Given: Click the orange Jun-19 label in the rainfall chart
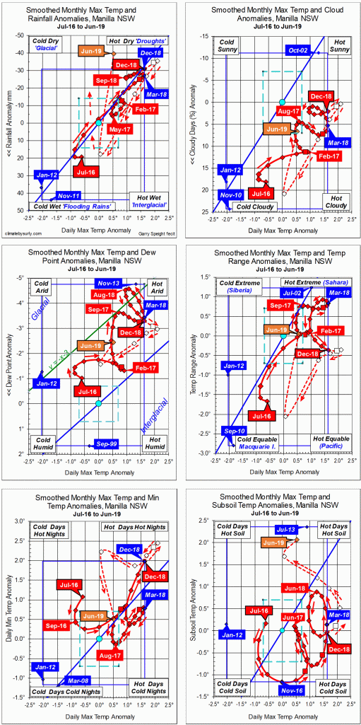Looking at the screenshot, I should [93, 52].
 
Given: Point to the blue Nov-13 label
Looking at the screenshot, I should [105, 283].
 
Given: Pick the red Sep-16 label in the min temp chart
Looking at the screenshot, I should [57, 625].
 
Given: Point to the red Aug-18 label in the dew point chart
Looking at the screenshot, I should [104, 294].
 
